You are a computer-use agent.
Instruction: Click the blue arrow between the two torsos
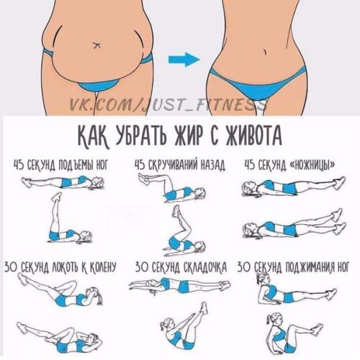[184, 60]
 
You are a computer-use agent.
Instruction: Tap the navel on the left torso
[96, 45]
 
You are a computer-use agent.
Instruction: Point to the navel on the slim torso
[265, 52]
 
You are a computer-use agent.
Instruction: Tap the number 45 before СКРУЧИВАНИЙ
[140, 166]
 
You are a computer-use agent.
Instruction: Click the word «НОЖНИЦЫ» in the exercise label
[313, 165]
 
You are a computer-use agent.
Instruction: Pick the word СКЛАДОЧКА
[204, 267]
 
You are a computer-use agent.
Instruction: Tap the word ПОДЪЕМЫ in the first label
[71, 166]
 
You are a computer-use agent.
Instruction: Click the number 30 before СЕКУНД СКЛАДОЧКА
[141, 267]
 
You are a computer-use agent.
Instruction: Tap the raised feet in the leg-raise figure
[57, 197]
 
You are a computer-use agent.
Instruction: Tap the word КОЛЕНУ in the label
[103, 267]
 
